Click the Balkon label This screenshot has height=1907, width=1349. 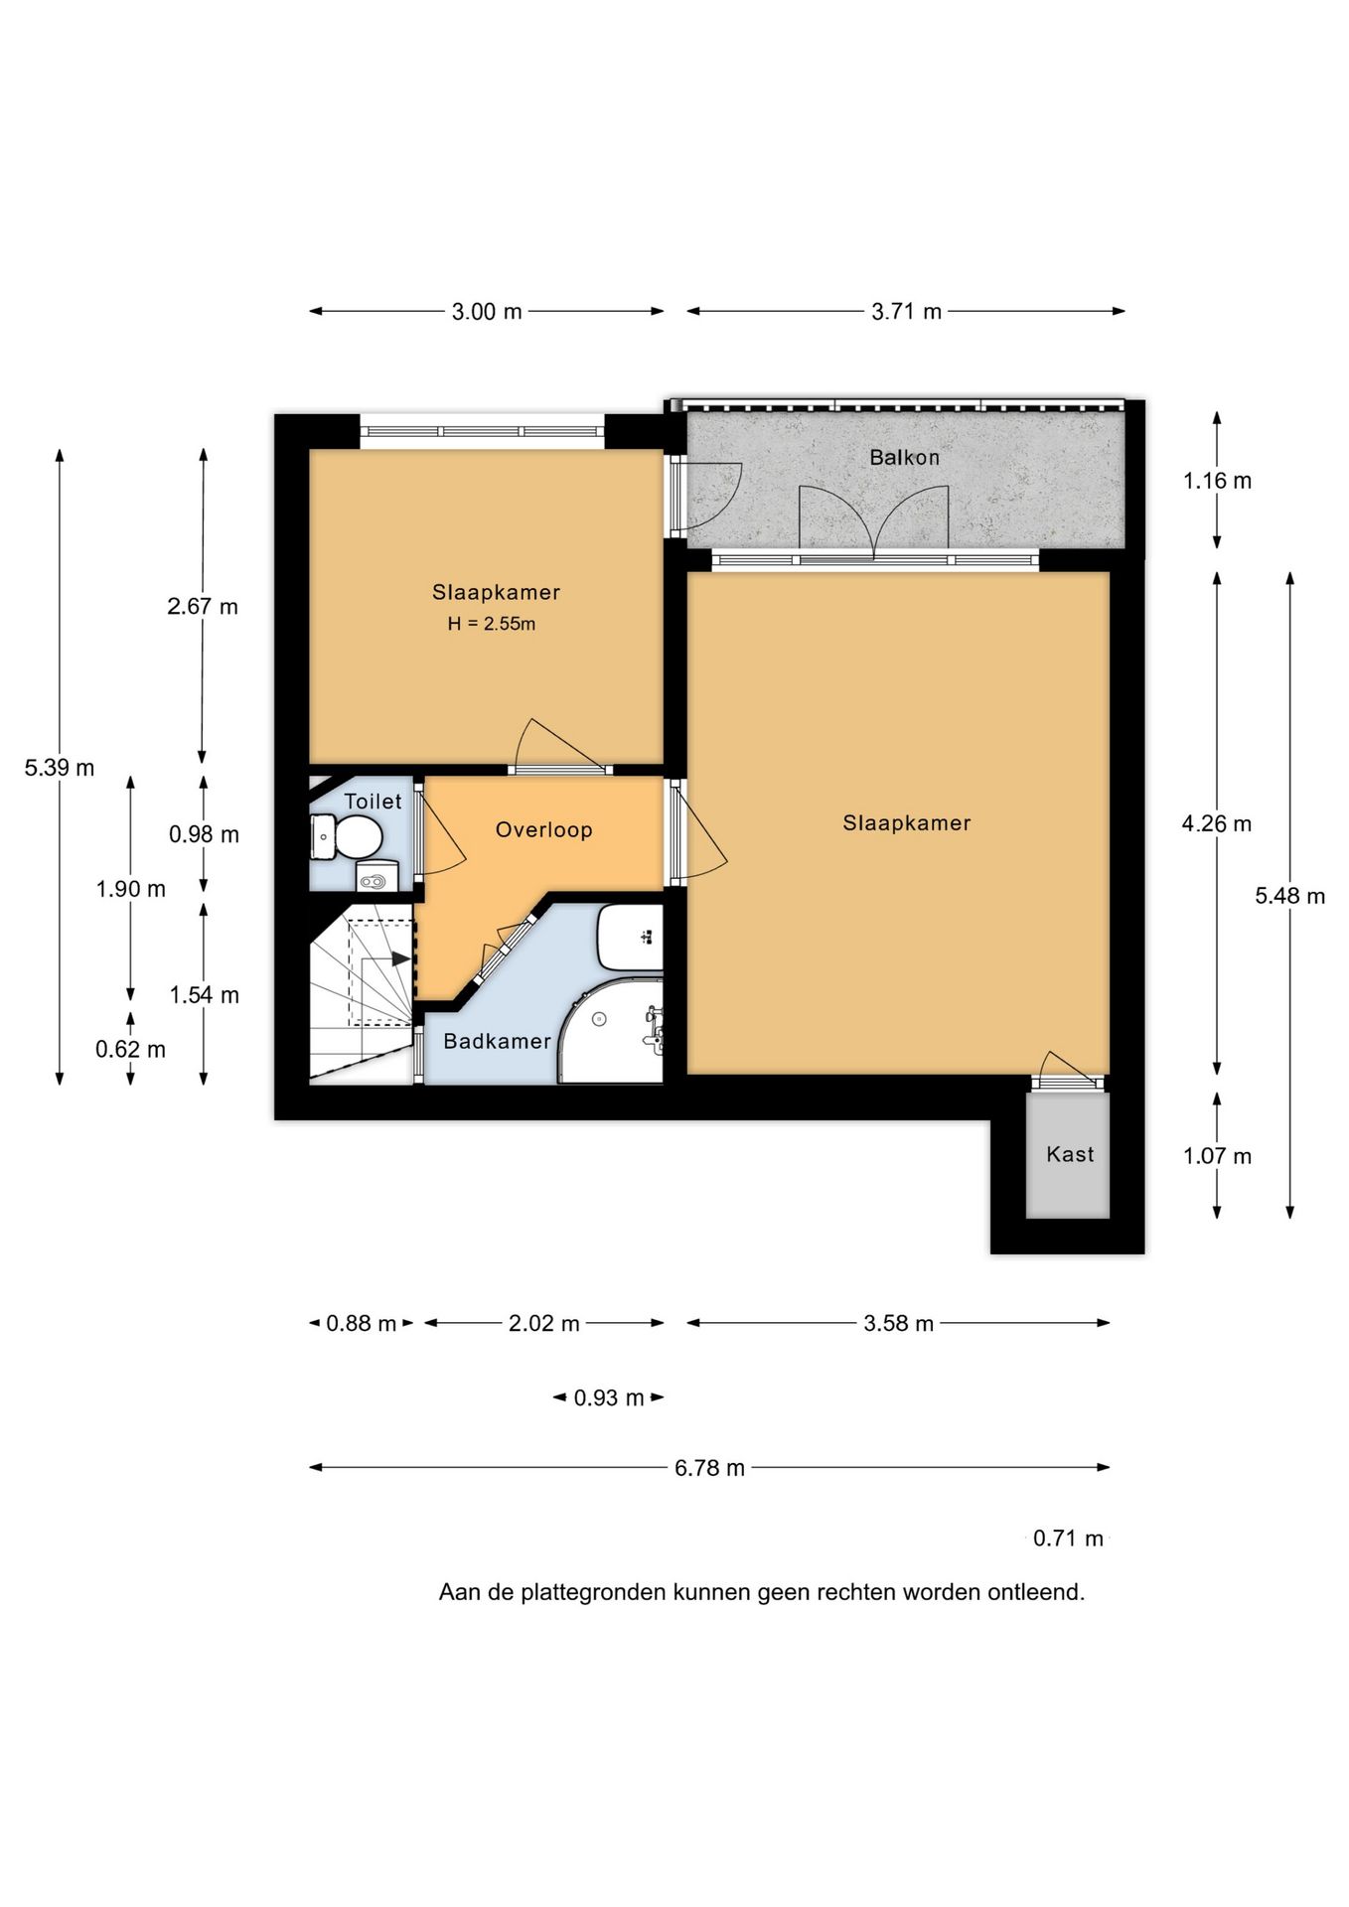904,458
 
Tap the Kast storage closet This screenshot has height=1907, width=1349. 1068,1155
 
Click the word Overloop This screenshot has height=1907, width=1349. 543,830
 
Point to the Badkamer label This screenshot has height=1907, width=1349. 497,1041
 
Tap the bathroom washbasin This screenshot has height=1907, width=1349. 631,937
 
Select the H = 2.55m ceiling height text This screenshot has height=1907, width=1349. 492,624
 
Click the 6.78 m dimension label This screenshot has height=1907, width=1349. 709,1468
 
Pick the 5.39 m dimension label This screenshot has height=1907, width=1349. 60,768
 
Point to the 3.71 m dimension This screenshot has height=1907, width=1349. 906,312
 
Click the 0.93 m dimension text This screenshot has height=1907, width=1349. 609,1398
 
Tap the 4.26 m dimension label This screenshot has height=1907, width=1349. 1217,824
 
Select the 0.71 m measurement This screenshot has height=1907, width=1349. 1068,1539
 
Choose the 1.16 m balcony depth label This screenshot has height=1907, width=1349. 1217,482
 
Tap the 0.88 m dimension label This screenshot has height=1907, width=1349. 362,1324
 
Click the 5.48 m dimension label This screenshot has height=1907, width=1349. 1289,896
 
